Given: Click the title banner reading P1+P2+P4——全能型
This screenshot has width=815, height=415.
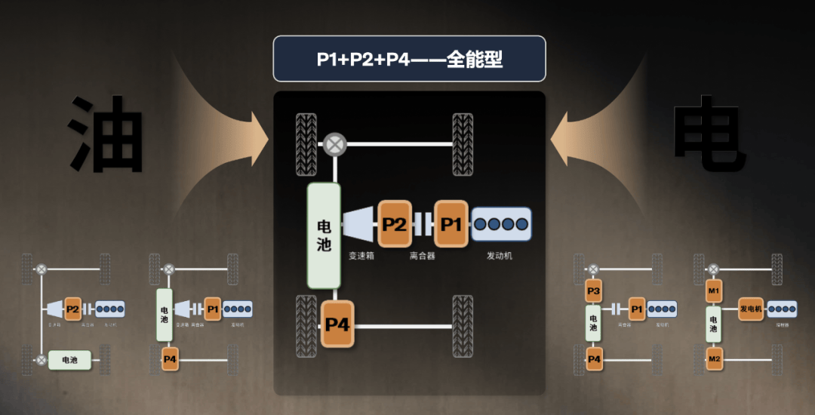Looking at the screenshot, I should pos(409,59).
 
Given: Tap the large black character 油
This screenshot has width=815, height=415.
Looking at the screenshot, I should pos(107,134).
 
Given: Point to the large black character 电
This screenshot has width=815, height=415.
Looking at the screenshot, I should pos(709,134).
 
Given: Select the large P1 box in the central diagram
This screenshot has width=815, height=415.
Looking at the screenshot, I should pos(451,224).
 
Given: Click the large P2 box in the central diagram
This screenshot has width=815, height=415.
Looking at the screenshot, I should pos(395,224).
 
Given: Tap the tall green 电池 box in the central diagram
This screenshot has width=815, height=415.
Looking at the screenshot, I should pos(324,235).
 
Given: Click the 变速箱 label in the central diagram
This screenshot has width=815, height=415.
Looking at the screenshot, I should pos(361,256).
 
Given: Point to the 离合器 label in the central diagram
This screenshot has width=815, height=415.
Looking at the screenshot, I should pos(423,256).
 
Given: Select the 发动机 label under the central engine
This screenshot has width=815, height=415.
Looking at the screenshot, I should pos(500,256).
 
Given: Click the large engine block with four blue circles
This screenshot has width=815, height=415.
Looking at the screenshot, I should pos(501,224).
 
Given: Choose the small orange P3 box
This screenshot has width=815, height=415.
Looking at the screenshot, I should pos(594,290).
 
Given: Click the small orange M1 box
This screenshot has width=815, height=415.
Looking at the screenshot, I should pos(714,290).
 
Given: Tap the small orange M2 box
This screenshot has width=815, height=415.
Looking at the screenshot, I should pos(714,359).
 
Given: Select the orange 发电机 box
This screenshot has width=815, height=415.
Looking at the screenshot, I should pos(751,309).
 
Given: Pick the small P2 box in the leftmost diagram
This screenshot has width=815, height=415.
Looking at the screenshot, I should pos(72,309).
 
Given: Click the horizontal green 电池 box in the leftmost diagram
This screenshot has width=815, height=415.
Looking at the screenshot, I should pos(69,360).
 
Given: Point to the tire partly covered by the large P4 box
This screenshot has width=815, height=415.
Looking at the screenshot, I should pos(306,325).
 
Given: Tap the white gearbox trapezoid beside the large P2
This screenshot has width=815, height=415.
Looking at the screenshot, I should pos(358,224).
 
